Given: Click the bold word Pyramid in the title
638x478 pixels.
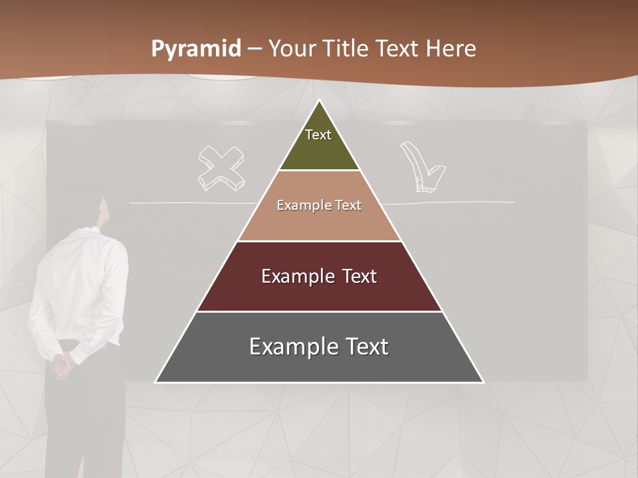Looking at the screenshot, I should [195, 49].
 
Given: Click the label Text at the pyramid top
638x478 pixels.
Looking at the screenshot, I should [318, 135].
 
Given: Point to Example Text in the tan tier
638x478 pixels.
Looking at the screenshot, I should [319, 205].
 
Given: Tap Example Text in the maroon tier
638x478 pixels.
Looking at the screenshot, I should [319, 276].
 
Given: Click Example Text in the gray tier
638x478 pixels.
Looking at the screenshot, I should [319, 347].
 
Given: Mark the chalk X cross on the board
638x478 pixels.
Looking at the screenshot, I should [220, 167].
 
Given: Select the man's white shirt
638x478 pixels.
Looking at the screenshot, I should [83, 285].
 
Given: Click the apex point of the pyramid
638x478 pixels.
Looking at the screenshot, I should [320, 102].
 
